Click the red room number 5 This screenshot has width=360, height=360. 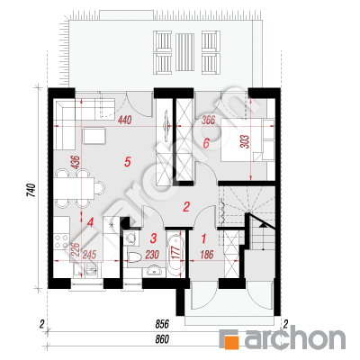(128, 162)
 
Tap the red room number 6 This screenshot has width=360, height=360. (206, 143)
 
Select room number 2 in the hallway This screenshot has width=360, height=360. (186, 207)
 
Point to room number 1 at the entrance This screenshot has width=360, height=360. (203, 239)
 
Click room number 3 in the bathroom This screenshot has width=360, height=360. (153, 238)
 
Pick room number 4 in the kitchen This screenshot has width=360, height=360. (90, 222)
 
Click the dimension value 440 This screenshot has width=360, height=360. (124, 121)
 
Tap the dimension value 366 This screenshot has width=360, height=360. (208, 120)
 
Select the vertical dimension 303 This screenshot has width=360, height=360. (245, 141)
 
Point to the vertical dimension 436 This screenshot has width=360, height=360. (76, 162)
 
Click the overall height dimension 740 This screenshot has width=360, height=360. (31, 191)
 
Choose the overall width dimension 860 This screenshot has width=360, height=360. (162, 339)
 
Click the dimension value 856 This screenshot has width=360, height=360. (162, 324)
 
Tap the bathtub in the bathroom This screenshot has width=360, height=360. (175, 255)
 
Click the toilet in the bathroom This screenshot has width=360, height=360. (134, 257)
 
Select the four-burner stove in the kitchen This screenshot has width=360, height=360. (61, 241)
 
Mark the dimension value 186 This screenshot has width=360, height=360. (206, 255)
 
